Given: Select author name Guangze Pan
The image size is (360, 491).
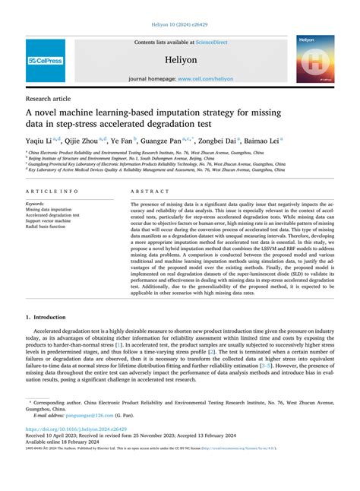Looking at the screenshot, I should [163, 141].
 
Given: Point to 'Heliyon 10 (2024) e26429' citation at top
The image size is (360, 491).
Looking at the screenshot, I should [180, 25].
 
